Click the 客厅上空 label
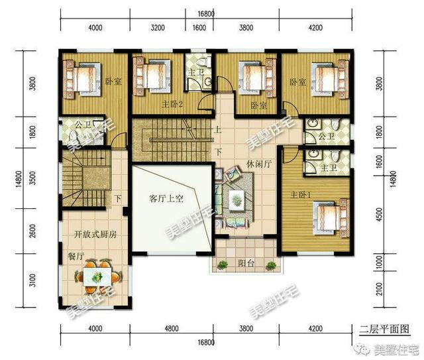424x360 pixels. coord(166,199)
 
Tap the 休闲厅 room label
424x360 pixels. coord(259,164)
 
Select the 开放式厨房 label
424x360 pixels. coord(95,235)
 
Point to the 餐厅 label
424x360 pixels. coord(76,256)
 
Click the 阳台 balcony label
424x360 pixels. coord(246,263)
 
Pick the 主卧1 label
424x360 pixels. coord(300,195)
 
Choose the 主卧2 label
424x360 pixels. coord(172,104)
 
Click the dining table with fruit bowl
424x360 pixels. coord(97,276)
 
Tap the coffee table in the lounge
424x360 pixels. coord(237,200)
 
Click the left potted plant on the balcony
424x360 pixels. coord(223,265)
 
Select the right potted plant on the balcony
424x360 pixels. coord(271,265)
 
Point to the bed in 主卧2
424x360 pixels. coord(152,76)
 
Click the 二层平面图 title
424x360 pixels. coord(384,329)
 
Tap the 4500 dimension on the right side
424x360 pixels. coord(380,214)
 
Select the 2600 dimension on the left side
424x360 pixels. coord(32,231)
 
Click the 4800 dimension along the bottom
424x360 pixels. coord(172,329)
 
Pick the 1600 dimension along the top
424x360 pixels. coord(199,28)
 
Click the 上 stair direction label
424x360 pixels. coord(217,129)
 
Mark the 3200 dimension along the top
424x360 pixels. coord(158,28)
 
